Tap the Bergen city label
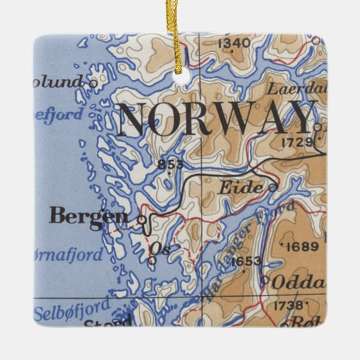tap(88, 216)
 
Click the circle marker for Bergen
tap(141, 219)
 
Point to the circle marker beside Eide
tap(271, 188)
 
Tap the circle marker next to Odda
tap(265, 280)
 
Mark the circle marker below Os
tap(152, 260)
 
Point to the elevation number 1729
tap(297, 142)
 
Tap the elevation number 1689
tap(303, 246)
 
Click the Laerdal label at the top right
tap(296, 89)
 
